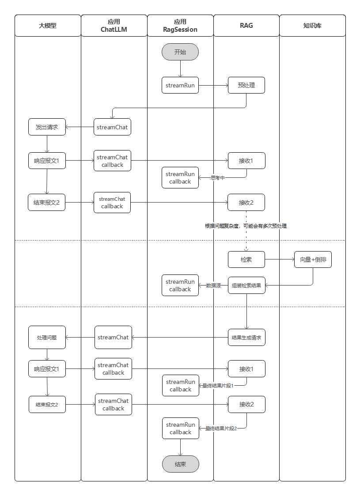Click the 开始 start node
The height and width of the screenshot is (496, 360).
tap(180, 52)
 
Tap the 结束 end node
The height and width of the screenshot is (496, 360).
tap(180, 464)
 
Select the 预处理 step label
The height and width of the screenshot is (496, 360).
tap(246, 85)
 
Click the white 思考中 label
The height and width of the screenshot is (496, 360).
tap(218, 178)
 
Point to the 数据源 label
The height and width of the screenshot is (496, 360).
tap(214, 286)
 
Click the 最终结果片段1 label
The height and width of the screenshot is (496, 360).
tap(218, 386)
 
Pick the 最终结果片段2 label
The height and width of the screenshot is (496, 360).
tap(221, 428)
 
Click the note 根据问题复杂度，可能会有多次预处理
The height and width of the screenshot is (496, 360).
tap(246, 226)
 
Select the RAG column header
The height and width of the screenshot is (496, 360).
tap(246, 26)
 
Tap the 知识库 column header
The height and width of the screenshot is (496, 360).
tap(312, 26)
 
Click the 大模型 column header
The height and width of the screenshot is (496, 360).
tap(47, 26)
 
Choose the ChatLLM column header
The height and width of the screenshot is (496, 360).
tap(114, 26)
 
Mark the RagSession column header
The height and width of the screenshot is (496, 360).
tap(180, 26)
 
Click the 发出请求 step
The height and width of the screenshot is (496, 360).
tap(47, 127)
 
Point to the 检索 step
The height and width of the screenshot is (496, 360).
tap(246, 259)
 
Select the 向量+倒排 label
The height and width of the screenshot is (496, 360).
tap(313, 259)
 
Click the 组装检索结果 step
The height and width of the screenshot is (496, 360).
tap(246, 286)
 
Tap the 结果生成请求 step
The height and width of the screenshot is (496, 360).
tap(246, 338)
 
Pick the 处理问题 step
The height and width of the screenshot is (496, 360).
tap(47, 338)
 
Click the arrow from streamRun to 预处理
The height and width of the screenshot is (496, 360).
tap(213, 85)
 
